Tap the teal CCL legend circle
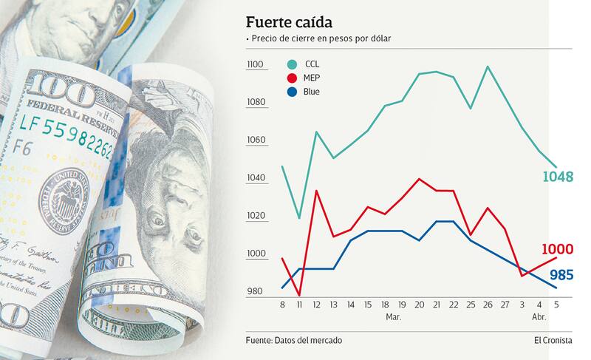292,64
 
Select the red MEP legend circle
292,78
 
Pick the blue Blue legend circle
292,92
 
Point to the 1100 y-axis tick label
256,65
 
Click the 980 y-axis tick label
255,292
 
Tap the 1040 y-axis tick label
256,179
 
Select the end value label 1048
558,177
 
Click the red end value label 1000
558,250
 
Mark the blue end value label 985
561,275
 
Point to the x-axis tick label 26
488,304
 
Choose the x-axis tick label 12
316,304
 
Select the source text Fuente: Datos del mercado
294,340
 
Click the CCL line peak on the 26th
488,67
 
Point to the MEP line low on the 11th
299,295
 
